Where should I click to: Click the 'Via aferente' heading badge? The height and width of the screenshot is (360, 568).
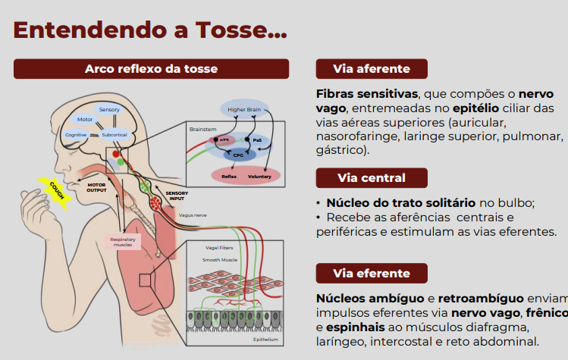pos(372,69)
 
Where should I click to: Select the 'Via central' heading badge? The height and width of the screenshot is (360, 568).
pos(372,178)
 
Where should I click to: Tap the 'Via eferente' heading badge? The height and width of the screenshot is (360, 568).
pos(372,273)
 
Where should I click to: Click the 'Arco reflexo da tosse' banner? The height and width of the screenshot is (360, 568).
pos(151,69)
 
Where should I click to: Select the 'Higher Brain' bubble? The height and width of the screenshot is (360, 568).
pos(243,110)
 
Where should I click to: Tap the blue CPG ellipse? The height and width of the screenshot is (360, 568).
pos(238,154)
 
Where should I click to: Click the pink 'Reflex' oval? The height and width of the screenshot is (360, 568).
pos(229,176)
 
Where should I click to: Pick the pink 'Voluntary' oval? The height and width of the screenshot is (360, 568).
pos(259,176)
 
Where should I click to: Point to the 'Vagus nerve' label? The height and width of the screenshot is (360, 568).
pos(192,215)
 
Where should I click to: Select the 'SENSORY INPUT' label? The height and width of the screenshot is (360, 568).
pos(177,196)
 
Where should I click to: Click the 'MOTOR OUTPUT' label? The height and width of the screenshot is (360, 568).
pos(96,186)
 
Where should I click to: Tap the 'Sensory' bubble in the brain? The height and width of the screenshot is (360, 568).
pos(109,110)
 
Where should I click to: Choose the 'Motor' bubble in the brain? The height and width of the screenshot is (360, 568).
pos(85,120)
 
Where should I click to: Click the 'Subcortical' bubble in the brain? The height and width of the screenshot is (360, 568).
pos(114,134)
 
